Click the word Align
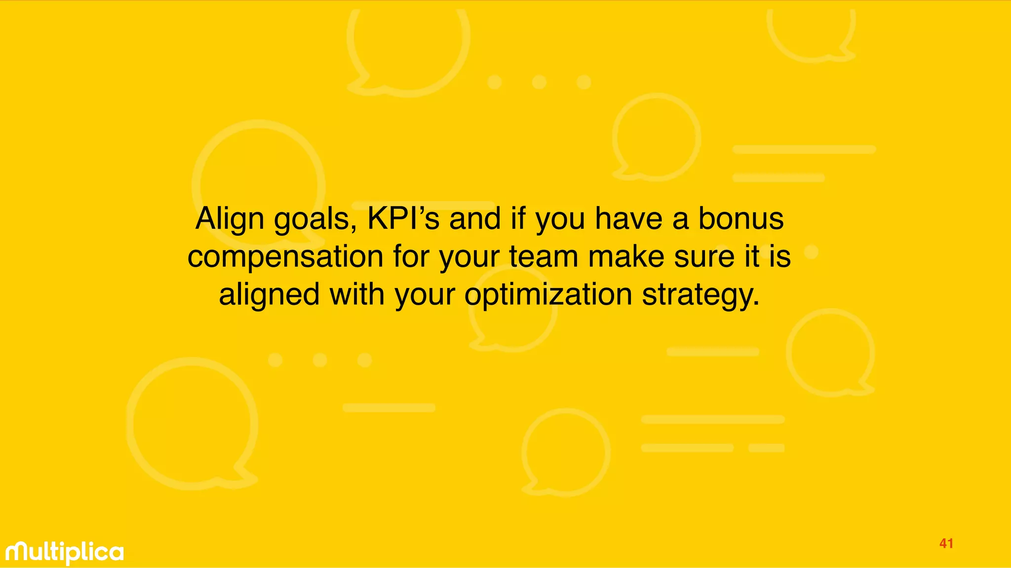(230, 219)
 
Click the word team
(544, 257)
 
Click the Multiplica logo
(65, 552)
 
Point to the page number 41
(946, 544)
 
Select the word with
(356, 294)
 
